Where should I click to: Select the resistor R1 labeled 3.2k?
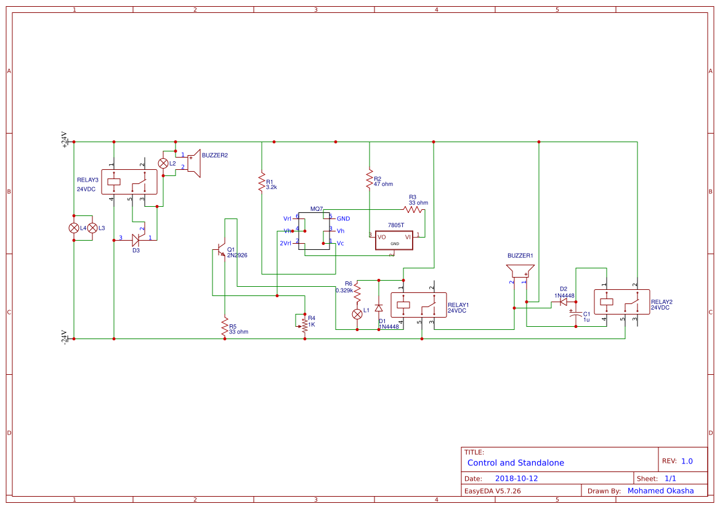pyautogui.click(x=262, y=182)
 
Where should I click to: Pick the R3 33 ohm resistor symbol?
pyautogui.click(x=415, y=210)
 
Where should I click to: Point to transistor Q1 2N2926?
pyautogui.click(x=221, y=252)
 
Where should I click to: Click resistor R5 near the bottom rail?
pyautogui.click(x=225, y=327)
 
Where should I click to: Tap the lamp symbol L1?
pyautogui.click(x=357, y=314)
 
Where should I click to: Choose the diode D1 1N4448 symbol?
pyautogui.click(x=379, y=307)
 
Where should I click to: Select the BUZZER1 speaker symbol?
pyautogui.click(x=520, y=271)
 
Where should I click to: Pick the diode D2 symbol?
pyautogui.click(x=563, y=302)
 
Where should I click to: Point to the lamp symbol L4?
pyautogui.click(x=74, y=228)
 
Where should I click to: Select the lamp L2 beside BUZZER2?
pyautogui.click(x=163, y=163)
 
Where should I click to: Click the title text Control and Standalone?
pyautogui.click(x=516, y=463)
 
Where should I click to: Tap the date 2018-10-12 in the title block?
pyautogui.click(x=516, y=478)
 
